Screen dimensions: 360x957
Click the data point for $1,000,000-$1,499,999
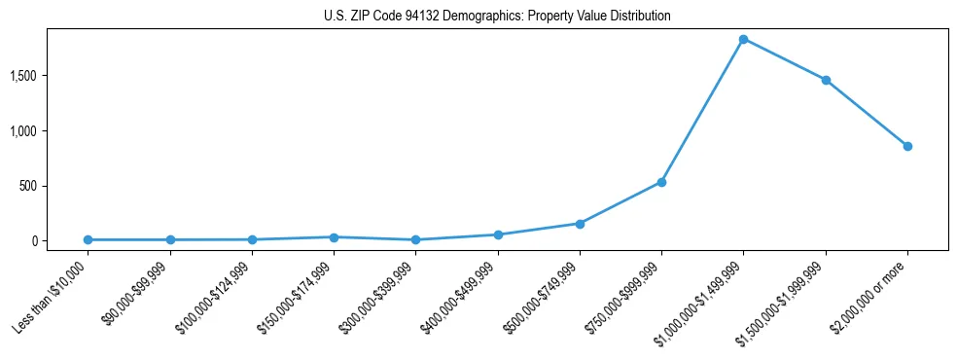click(743, 39)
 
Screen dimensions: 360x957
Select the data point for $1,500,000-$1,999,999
click(826, 80)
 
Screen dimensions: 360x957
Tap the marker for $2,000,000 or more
click(907, 146)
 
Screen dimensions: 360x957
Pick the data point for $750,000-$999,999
click(661, 182)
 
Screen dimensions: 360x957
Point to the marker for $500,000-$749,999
click(580, 224)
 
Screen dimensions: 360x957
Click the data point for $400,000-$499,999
click(498, 234)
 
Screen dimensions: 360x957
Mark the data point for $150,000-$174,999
click(334, 237)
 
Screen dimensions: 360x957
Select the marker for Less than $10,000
click(89, 239)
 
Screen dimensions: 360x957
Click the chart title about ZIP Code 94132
click(497, 17)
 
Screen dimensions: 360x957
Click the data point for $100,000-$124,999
click(252, 239)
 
